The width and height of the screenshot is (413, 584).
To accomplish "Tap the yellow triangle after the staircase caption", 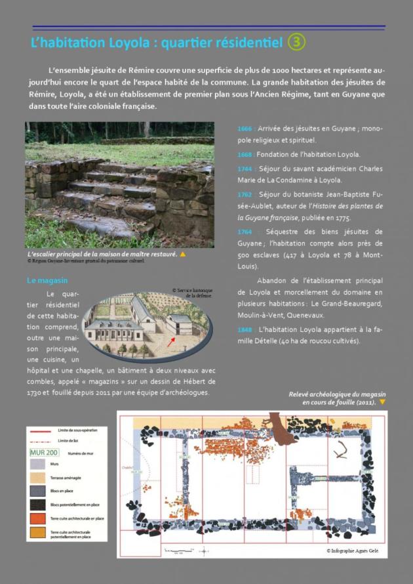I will coord(183,254).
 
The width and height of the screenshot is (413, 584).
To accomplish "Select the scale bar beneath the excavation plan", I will coord(178,550).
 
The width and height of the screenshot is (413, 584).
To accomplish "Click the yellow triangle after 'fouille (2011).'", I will coord(383,402).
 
